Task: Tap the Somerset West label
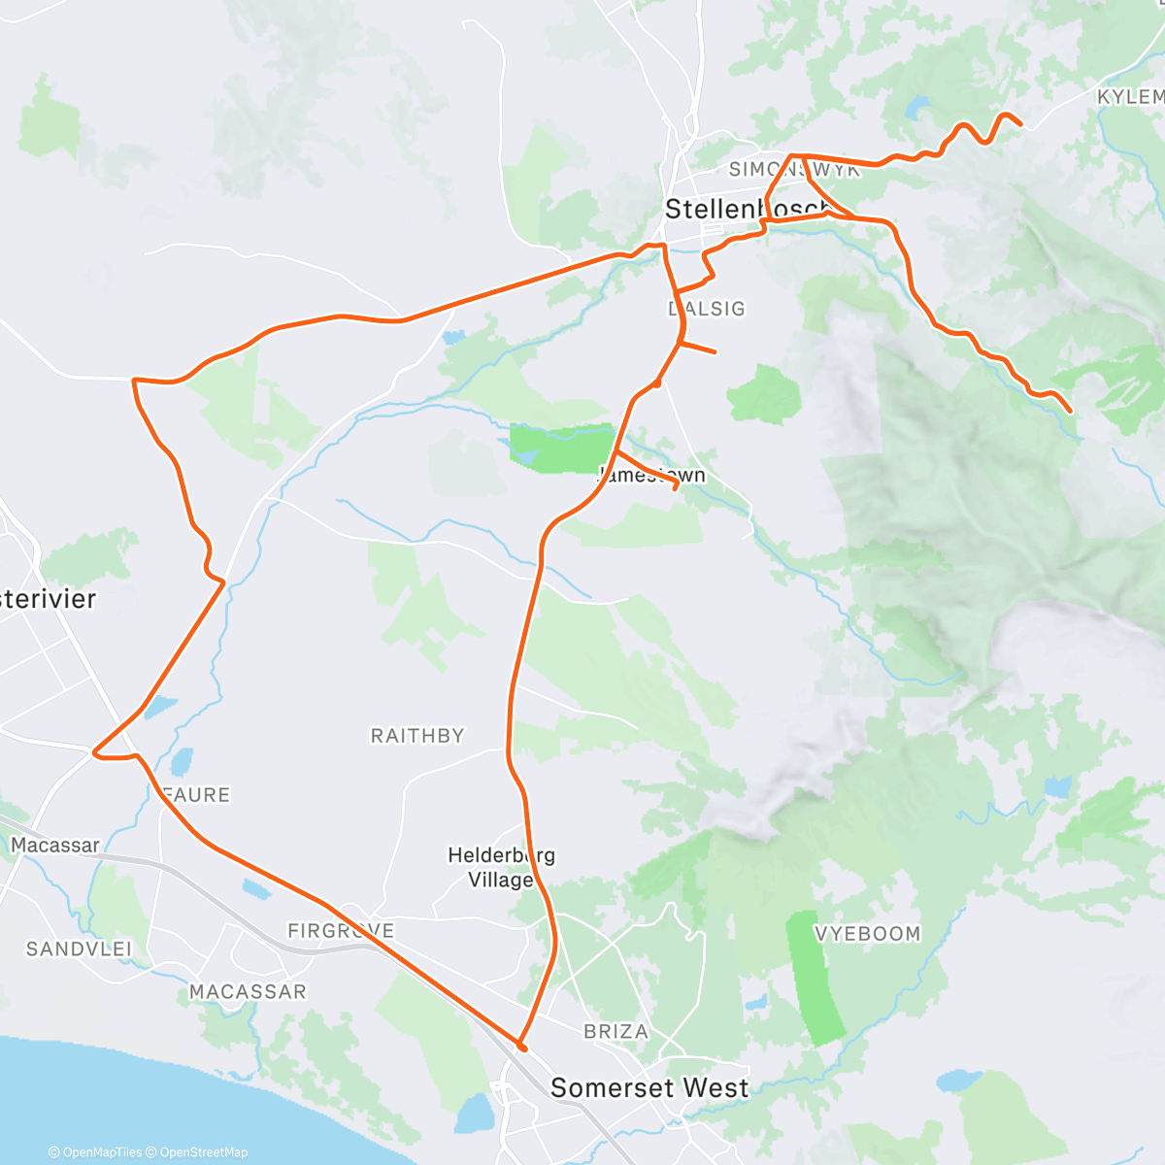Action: coord(649,1087)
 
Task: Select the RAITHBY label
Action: coord(417,736)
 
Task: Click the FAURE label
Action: coord(197,795)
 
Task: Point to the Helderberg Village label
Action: coord(501,867)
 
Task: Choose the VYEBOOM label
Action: coord(867,934)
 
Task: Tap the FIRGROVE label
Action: coord(341,931)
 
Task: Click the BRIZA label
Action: coord(616,1031)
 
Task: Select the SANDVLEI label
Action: coord(79,949)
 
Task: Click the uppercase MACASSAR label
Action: coord(248,991)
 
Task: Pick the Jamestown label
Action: coord(651,475)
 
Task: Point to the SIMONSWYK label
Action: coord(794,170)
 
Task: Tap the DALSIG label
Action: coord(707,309)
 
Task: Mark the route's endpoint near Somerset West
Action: coord(522,1048)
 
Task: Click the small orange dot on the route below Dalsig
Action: coord(657,383)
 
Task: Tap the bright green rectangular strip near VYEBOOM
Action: coord(815,976)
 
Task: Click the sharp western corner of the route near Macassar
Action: coord(93,751)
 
